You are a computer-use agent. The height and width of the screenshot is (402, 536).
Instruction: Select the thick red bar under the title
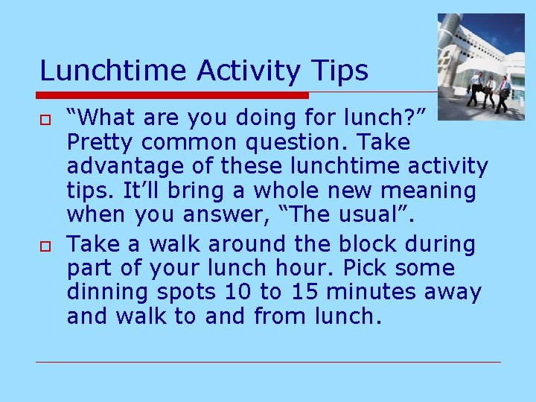click(173, 96)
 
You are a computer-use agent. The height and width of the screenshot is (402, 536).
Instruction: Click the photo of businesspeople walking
click(480, 66)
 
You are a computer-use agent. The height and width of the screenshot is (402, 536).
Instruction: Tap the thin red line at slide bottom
click(268, 363)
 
